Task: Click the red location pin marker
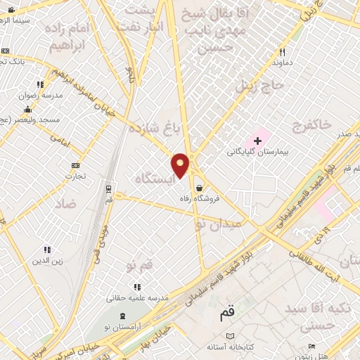pyautogui.click(x=181, y=165)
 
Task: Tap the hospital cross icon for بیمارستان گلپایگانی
pyautogui.click(x=257, y=141)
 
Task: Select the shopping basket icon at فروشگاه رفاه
pyautogui.click(x=201, y=188)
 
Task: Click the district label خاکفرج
pyautogui.click(x=309, y=125)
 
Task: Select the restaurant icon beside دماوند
pyautogui.click(x=282, y=52)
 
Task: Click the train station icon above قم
pyautogui.click(x=108, y=188)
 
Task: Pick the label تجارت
pyautogui.click(x=75, y=176)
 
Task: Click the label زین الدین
pyautogui.click(x=47, y=261)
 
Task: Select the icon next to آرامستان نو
pyautogui.click(x=124, y=315)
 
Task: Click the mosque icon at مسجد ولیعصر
pyautogui.click(x=27, y=109)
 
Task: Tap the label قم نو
pyautogui.click(x=139, y=266)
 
